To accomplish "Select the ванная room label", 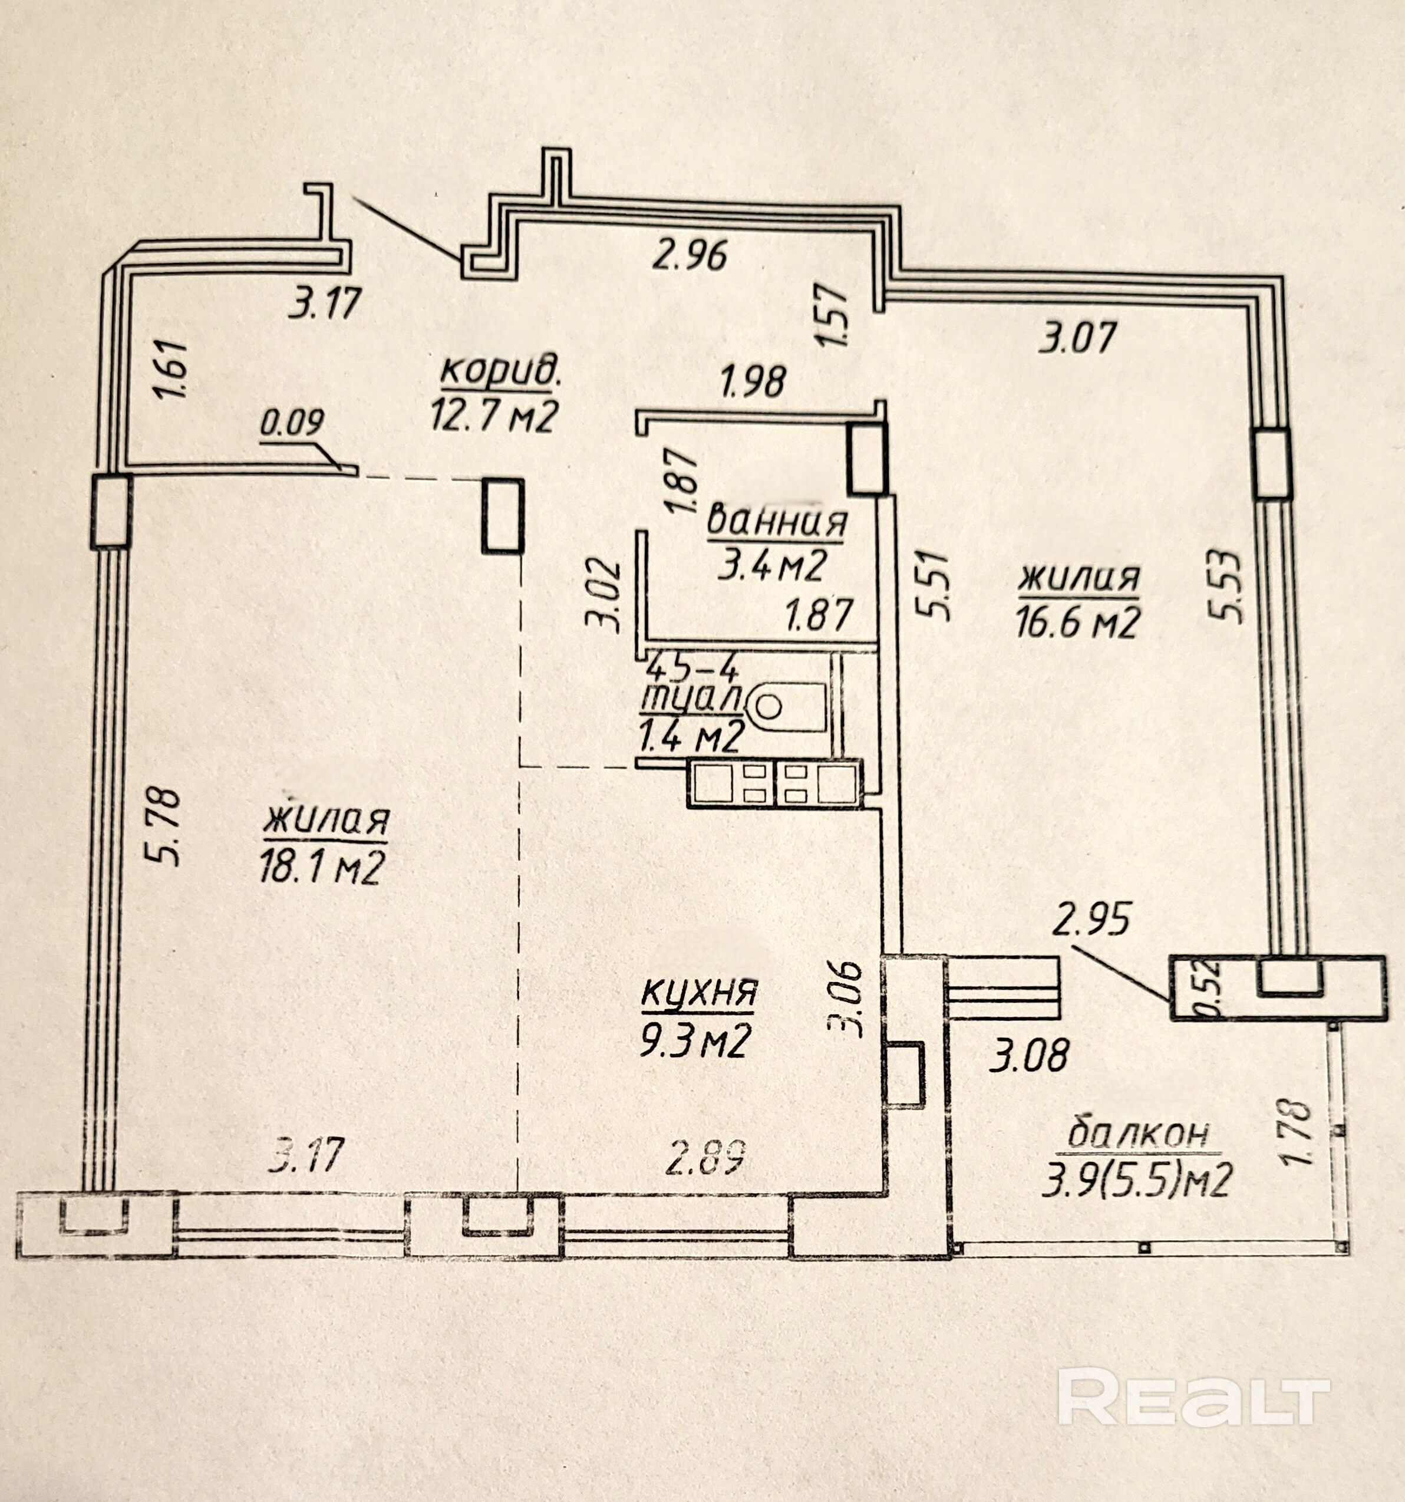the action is (x=777, y=523).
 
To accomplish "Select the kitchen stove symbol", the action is (x=775, y=783).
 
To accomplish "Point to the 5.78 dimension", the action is (x=163, y=826).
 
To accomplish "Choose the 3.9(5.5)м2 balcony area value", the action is (x=1137, y=1180).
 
